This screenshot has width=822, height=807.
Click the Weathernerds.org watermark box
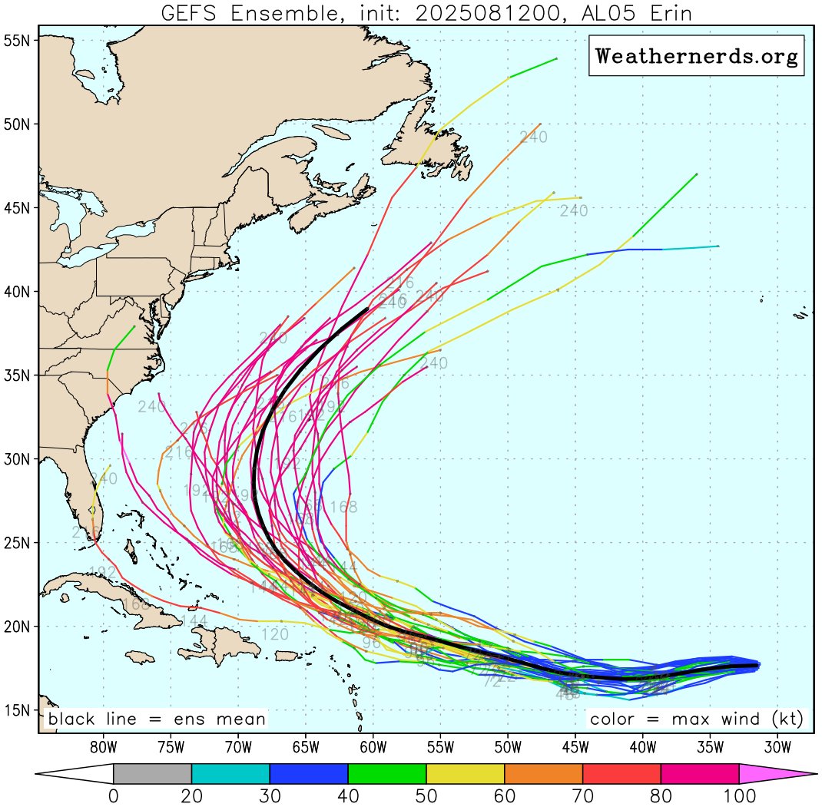[x=696, y=56]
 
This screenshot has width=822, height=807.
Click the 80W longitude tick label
[x=103, y=745]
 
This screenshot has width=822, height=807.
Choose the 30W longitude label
[x=777, y=745]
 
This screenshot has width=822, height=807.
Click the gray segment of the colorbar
[x=152, y=774]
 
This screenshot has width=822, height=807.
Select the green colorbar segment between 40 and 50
[x=387, y=774]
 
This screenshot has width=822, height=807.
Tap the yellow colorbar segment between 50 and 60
[x=466, y=774]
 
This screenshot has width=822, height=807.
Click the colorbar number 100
[x=739, y=795]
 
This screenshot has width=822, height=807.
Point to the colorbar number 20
[x=191, y=795]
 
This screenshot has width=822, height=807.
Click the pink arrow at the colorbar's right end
[x=776, y=774]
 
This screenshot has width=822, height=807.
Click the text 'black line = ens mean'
[x=157, y=719]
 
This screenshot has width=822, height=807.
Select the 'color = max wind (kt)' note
[x=696, y=719]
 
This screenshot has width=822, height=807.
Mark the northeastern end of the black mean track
[x=368, y=309]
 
